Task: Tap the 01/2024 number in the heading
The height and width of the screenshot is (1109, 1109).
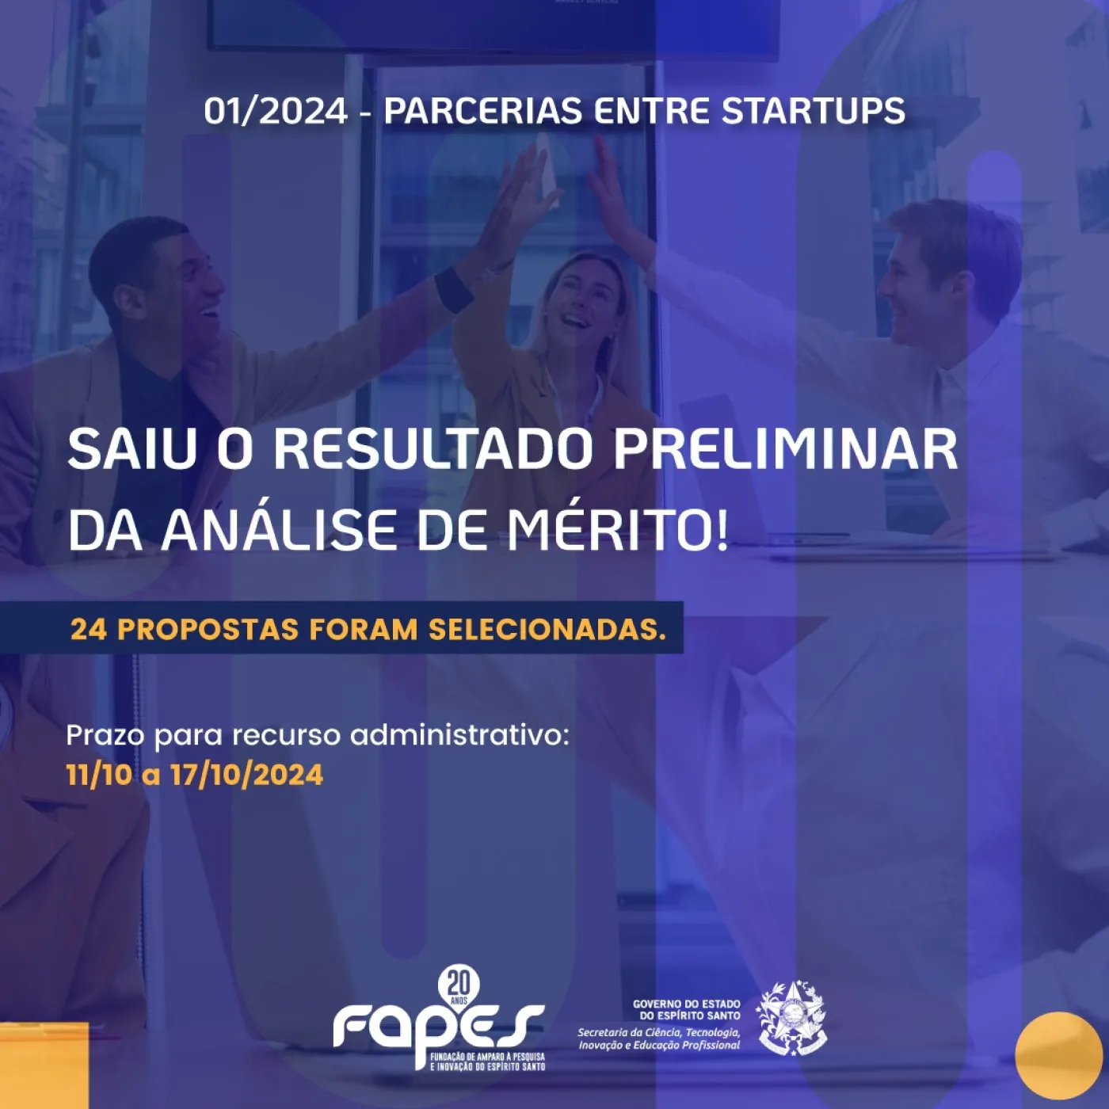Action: click(276, 111)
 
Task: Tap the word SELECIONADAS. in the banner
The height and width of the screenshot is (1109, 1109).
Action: click(547, 630)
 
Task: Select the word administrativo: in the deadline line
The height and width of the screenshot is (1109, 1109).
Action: click(459, 735)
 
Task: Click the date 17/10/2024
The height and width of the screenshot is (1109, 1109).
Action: click(247, 776)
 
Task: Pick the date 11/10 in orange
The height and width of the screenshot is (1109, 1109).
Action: click(99, 776)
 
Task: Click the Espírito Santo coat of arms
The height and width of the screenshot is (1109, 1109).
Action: click(792, 1019)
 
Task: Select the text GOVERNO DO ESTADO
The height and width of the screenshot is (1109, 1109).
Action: click(687, 1004)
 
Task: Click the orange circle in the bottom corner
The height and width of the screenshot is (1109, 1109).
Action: click(1058, 1055)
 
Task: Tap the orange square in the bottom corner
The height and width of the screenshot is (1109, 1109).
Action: click(44, 1065)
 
